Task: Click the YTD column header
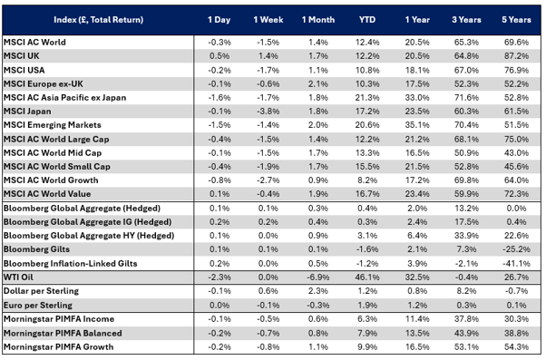click(367, 20)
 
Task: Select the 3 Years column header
click(466, 20)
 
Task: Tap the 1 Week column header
click(268, 20)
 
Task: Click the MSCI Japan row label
click(27, 112)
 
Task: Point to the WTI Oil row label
click(18, 277)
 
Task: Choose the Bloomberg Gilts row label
click(36, 249)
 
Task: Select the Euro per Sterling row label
click(38, 305)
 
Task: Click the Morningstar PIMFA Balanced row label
click(63, 333)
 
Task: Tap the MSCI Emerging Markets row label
click(53, 125)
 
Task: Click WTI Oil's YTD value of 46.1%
click(367, 277)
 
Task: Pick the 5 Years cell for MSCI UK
click(516, 56)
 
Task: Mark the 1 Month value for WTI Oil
click(318, 277)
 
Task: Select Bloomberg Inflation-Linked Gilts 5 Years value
click(516, 264)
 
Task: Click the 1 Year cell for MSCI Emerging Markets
click(417, 125)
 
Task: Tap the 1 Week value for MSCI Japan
click(268, 112)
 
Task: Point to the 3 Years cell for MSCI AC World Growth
click(466, 180)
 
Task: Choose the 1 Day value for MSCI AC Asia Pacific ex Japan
click(219, 98)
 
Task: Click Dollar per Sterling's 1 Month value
click(318, 291)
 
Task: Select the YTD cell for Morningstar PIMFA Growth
click(367, 346)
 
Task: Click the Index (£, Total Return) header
click(99, 20)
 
